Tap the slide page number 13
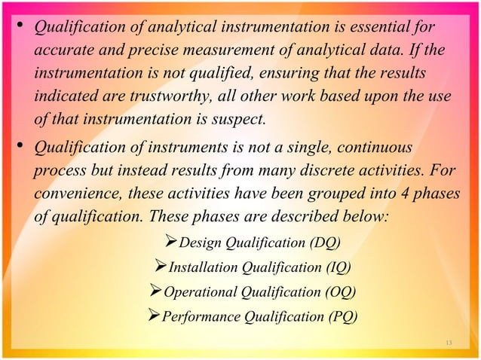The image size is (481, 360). [449, 344]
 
